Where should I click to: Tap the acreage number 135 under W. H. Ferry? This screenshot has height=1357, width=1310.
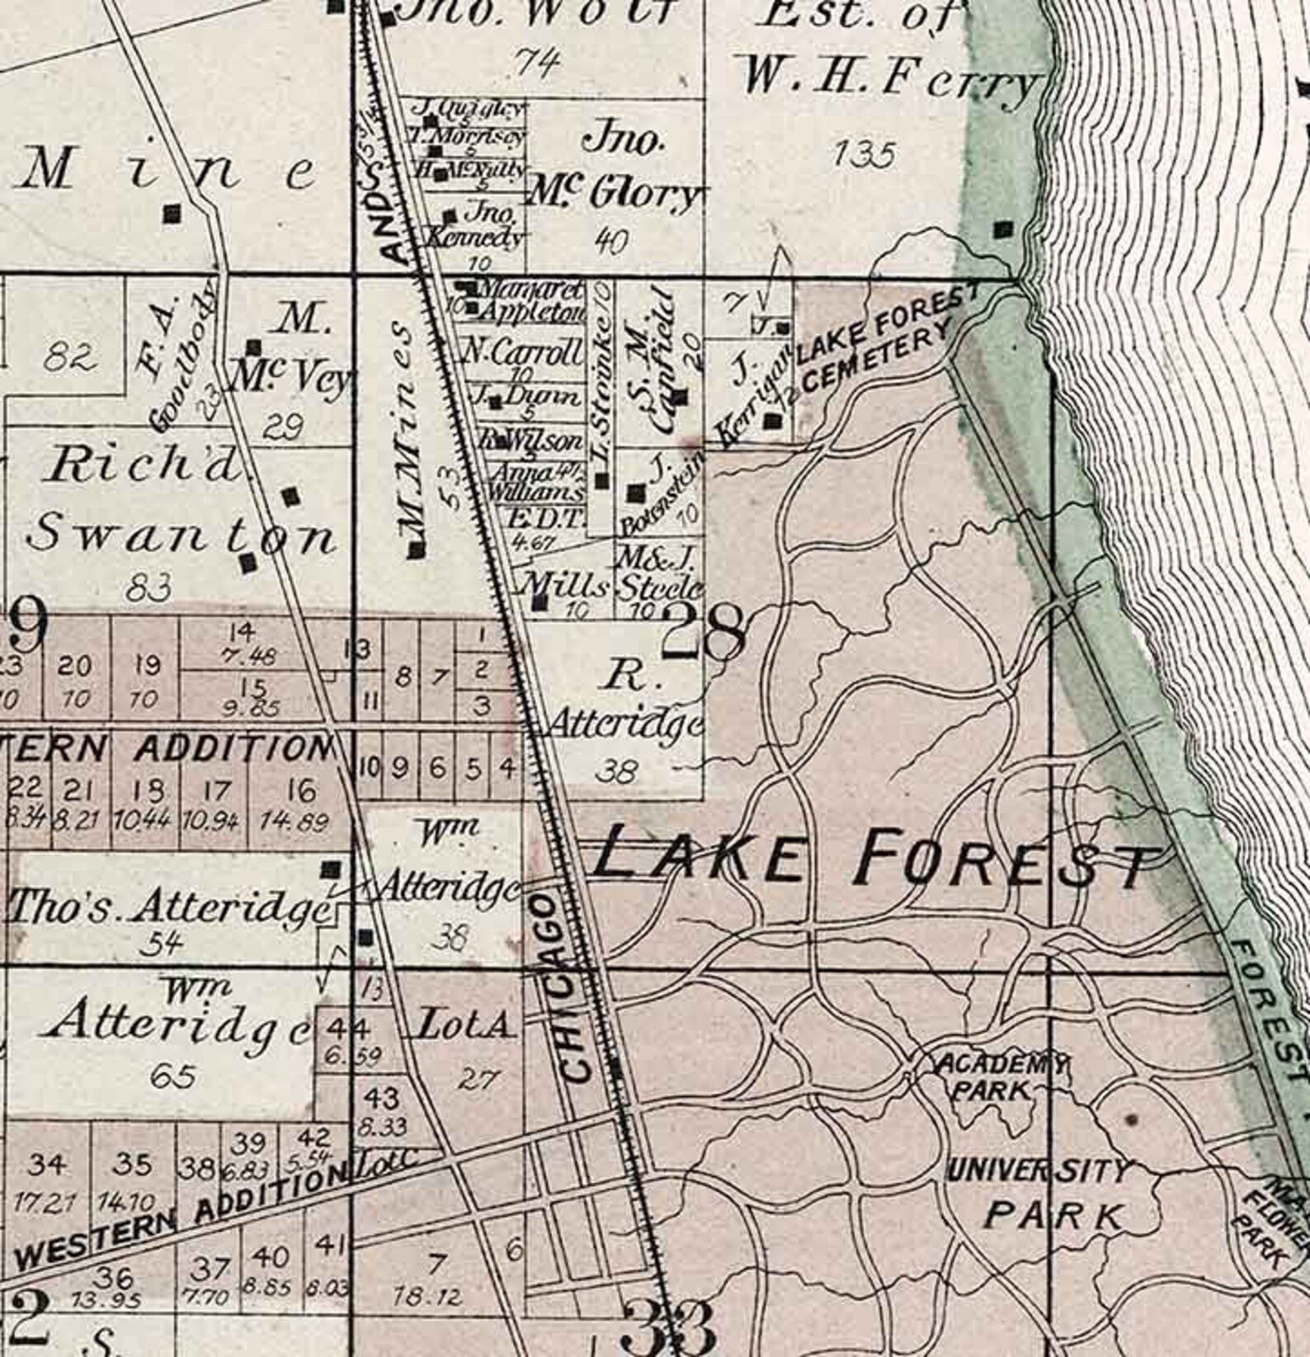pyautogui.click(x=864, y=154)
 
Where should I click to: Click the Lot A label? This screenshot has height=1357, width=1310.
pyautogui.click(x=466, y=1027)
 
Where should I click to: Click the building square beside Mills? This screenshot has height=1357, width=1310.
pyautogui.click(x=540, y=603)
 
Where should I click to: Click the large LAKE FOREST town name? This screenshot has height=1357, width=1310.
pyautogui.click(x=870, y=858)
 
